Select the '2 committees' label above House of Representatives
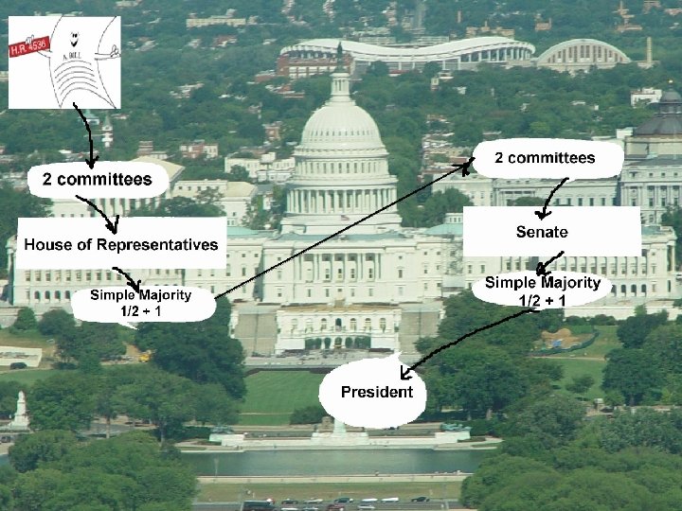(97, 179)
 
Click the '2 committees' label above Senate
(545, 158)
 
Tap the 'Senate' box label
(542, 232)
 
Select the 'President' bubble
(377, 392)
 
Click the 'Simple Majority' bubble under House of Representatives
(140, 303)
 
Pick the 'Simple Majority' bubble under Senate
(542, 291)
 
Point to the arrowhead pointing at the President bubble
(405, 371)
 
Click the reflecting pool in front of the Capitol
(332, 461)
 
